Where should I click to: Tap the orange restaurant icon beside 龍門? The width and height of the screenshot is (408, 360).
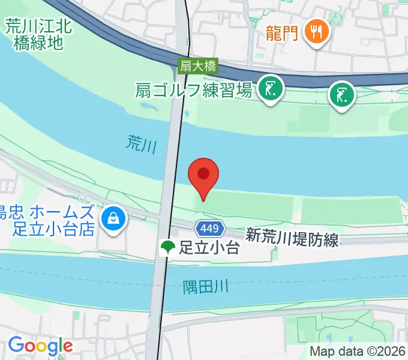coord(314,31)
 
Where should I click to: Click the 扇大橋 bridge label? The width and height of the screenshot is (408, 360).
coord(198,66)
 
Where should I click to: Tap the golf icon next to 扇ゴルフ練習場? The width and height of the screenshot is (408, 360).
coord(271,89)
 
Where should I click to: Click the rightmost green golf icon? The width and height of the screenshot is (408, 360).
coord(342,95)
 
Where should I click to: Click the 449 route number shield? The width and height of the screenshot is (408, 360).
coord(211,228)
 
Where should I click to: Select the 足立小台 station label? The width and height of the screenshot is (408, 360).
coord(209,247)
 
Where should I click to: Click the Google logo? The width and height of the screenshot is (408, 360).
coord(40,346)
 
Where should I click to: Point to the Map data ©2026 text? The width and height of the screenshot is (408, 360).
coord(358,352)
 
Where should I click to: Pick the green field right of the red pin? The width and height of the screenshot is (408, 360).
coord(350,209)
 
